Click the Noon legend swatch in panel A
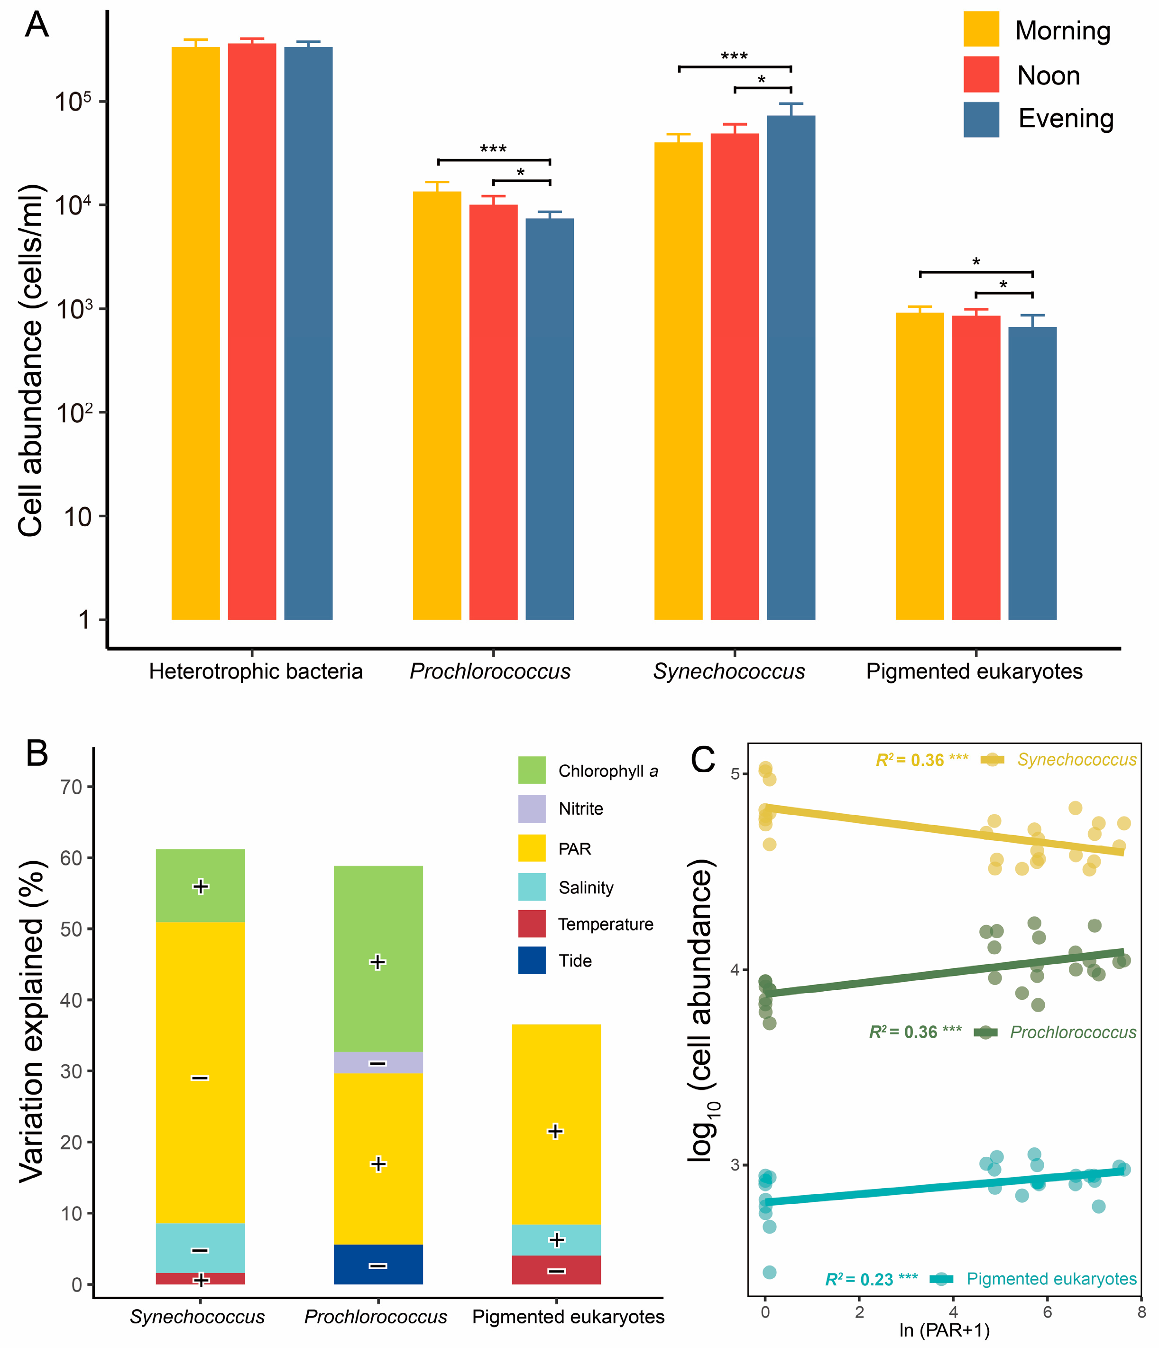pyautogui.click(x=981, y=74)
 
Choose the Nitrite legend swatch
pyautogui.click(x=532, y=809)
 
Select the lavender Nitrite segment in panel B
pyautogui.click(x=378, y=1062)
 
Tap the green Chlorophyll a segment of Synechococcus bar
pyautogui.click(x=200, y=885)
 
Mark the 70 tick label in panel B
pyautogui.click(x=72, y=787)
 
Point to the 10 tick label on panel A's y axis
pyautogui.click(x=77, y=517)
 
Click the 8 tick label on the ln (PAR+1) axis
pyautogui.click(x=1141, y=1312)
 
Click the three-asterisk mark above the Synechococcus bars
pyautogui.click(x=734, y=56)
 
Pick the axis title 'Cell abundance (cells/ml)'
pyautogui.click(x=31, y=361)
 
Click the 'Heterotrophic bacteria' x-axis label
pyautogui.click(x=256, y=671)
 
